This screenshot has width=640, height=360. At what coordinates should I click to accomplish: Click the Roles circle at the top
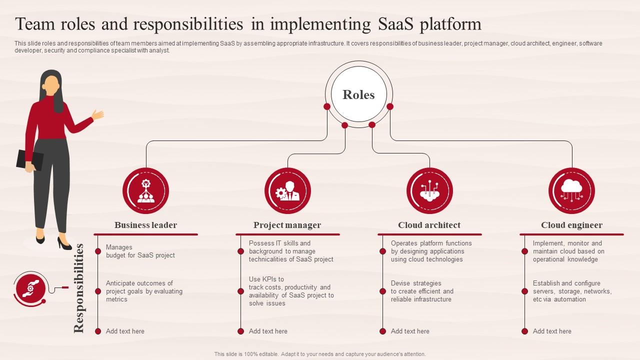click(x=358, y=94)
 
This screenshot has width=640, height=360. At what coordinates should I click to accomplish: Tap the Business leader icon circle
click(x=145, y=191)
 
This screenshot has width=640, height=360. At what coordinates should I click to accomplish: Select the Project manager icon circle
click(x=287, y=191)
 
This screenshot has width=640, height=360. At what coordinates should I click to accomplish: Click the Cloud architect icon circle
click(x=429, y=191)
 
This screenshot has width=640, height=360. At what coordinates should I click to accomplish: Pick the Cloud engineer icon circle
click(x=571, y=191)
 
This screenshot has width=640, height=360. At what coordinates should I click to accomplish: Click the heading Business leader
click(x=145, y=225)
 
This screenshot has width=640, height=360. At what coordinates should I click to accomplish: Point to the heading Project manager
click(x=287, y=225)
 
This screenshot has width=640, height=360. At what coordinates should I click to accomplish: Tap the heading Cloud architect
click(x=429, y=225)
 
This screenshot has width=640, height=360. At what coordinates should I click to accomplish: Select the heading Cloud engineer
click(x=571, y=225)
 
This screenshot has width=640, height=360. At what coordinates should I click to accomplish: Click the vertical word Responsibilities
click(x=79, y=288)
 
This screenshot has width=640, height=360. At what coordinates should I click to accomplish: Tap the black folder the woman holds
click(x=29, y=159)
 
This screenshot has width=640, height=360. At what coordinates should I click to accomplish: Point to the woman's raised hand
click(x=98, y=114)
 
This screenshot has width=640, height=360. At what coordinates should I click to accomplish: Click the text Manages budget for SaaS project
click(x=140, y=251)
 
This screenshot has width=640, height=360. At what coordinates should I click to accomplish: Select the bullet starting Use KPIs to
click(x=291, y=291)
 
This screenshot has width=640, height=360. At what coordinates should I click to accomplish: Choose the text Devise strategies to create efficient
click(x=421, y=291)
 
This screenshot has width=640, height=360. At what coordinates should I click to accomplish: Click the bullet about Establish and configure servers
click(x=571, y=291)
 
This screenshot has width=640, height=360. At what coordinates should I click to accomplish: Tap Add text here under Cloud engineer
click(x=552, y=331)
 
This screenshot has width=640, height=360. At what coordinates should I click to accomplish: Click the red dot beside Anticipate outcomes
click(x=98, y=291)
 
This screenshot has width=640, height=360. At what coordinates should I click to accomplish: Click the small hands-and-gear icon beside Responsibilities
click(x=30, y=287)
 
